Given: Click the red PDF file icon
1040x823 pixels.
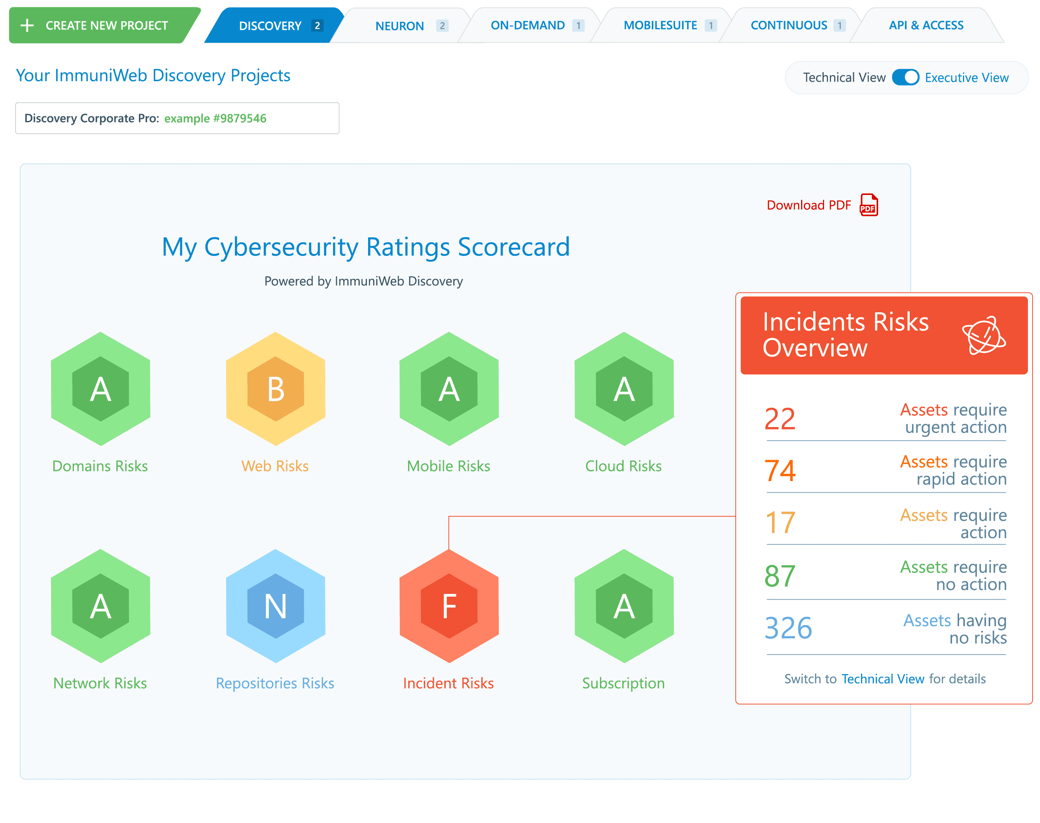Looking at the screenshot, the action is tap(868, 205).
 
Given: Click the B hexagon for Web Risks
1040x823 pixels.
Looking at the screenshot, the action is tap(276, 389).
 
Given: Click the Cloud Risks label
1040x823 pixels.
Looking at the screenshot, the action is tap(623, 466).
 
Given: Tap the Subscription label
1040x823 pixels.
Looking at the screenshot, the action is tap(623, 683).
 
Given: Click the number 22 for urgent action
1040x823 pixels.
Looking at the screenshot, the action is tap(780, 419).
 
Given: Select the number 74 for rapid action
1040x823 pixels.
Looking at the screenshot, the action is tap(780, 471).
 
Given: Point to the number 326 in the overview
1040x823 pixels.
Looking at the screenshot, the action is tap(788, 628).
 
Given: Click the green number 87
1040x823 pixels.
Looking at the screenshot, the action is tap(780, 576).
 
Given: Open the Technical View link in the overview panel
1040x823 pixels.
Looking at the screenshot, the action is tap(883, 679).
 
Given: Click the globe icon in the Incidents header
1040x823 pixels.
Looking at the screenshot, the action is tap(984, 335).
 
